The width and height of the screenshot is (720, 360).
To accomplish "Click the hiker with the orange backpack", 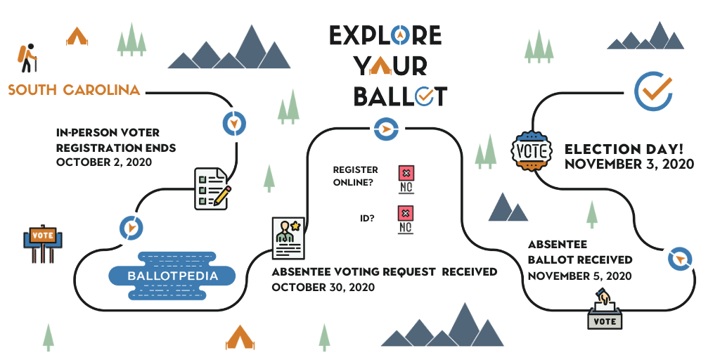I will tap(27, 58).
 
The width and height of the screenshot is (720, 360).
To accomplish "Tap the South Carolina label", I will tap(74, 90).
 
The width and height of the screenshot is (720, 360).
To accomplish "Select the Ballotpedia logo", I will tap(172, 276).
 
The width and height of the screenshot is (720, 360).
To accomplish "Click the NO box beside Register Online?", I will tap(406, 179).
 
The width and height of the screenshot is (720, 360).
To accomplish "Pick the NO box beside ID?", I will tap(406, 219).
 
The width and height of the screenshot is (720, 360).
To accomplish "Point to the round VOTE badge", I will tap(531, 150).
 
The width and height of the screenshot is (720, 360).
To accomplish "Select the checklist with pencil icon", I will tap(212, 188).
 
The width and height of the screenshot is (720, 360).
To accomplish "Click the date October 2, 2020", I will tap(104, 162).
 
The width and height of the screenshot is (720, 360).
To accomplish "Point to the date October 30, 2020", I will tap(323, 288).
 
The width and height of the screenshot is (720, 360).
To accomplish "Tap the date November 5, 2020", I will tap(580, 275).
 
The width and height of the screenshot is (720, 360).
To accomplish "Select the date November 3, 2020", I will tap(629, 165).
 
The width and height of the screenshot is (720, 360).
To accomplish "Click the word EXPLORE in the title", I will tap(385, 34).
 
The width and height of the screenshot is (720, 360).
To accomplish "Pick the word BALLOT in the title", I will tap(399, 96).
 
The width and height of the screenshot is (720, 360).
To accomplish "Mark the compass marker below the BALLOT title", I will tap(385, 129).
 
